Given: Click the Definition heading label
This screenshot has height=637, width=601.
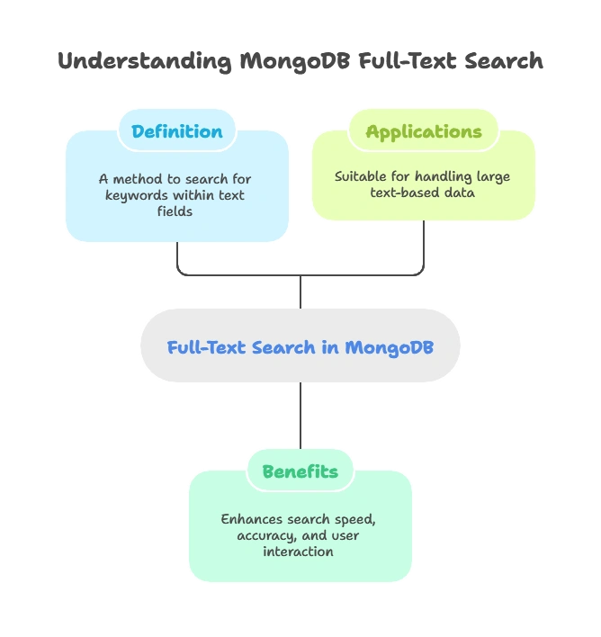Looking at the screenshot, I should pyautogui.click(x=176, y=131).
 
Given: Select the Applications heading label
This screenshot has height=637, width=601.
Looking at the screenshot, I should pyautogui.click(x=423, y=131).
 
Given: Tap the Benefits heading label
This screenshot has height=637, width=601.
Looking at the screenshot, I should pyautogui.click(x=300, y=471).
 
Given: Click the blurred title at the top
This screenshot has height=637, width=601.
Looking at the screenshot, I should pyautogui.click(x=300, y=61).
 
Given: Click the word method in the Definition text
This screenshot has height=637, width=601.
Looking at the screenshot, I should pyautogui.click(x=140, y=179).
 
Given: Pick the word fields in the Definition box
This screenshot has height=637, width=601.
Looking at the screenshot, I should pyautogui.click(x=175, y=211).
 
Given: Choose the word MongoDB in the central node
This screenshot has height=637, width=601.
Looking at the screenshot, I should pyautogui.click(x=389, y=347).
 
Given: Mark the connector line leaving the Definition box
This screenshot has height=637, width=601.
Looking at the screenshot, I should pyautogui.click(x=177, y=256).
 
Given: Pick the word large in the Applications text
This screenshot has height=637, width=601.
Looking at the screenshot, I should pyautogui.click(x=493, y=176).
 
